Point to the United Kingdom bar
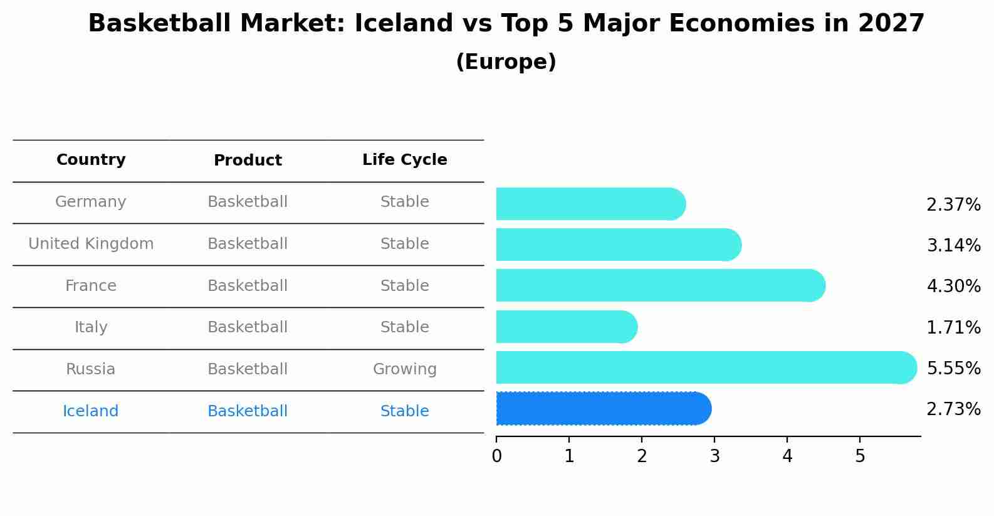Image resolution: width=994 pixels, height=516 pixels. pyautogui.click(x=618, y=245)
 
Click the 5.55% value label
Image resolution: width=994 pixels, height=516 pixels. pyautogui.click(x=953, y=368)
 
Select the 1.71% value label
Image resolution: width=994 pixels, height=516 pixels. pyautogui.click(x=953, y=327)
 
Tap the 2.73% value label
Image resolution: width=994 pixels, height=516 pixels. pyautogui.click(x=953, y=409)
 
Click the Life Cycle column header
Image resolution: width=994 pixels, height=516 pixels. pyautogui.click(x=404, y=160)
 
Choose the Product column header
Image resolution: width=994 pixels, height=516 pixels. pyautogui.click(x=248, y=161)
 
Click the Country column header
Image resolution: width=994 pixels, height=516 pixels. pyautogui.click(x=91, y=160)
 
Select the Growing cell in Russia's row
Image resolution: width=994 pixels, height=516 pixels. pyautogui.click(x=404, y=369)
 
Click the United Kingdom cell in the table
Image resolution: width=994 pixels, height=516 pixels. pyautogui.click(x=91, y=244)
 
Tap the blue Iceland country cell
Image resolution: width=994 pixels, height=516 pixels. pyautogui.click(x=91, y=411)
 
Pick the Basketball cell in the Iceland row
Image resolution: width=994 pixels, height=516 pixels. pyautogui.click(x=248, y=411)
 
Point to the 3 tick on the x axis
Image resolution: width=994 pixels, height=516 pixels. pyautogui.click(x=714, y=456)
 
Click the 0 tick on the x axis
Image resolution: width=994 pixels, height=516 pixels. pyautogui.click(x=496, y=456)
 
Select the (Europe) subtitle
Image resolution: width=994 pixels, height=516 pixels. pyautogui.click(x=506, y=62)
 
